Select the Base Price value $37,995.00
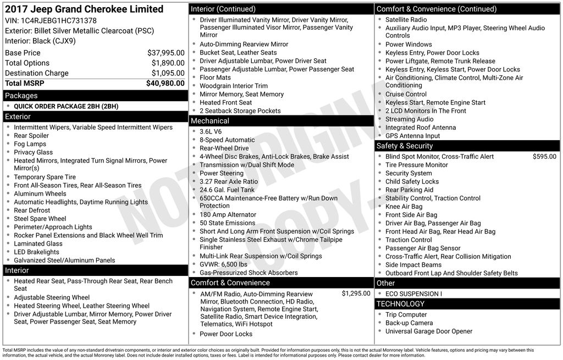[x=165, y=53]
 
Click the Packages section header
[x=21, y=96]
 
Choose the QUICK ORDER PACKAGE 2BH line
[x=66, y=106]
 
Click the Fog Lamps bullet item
[x=30, y=144]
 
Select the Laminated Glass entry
[x=38, y=243]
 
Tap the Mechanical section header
[x=210, y=121]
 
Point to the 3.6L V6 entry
[x=211, y=132]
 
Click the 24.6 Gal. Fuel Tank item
[x=227, y=190]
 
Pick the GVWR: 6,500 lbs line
[x=223, y=264]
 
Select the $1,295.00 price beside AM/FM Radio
[x=356, y=293]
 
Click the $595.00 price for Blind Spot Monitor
[x=544, y=157]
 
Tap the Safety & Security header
[x=405, y=146]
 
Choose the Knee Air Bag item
[x=404, y=207]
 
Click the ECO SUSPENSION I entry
[x=413, y=293]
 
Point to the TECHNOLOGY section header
[x=401, y=304]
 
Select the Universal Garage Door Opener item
[x=429, y=331]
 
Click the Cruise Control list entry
[x=406, y=94]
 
